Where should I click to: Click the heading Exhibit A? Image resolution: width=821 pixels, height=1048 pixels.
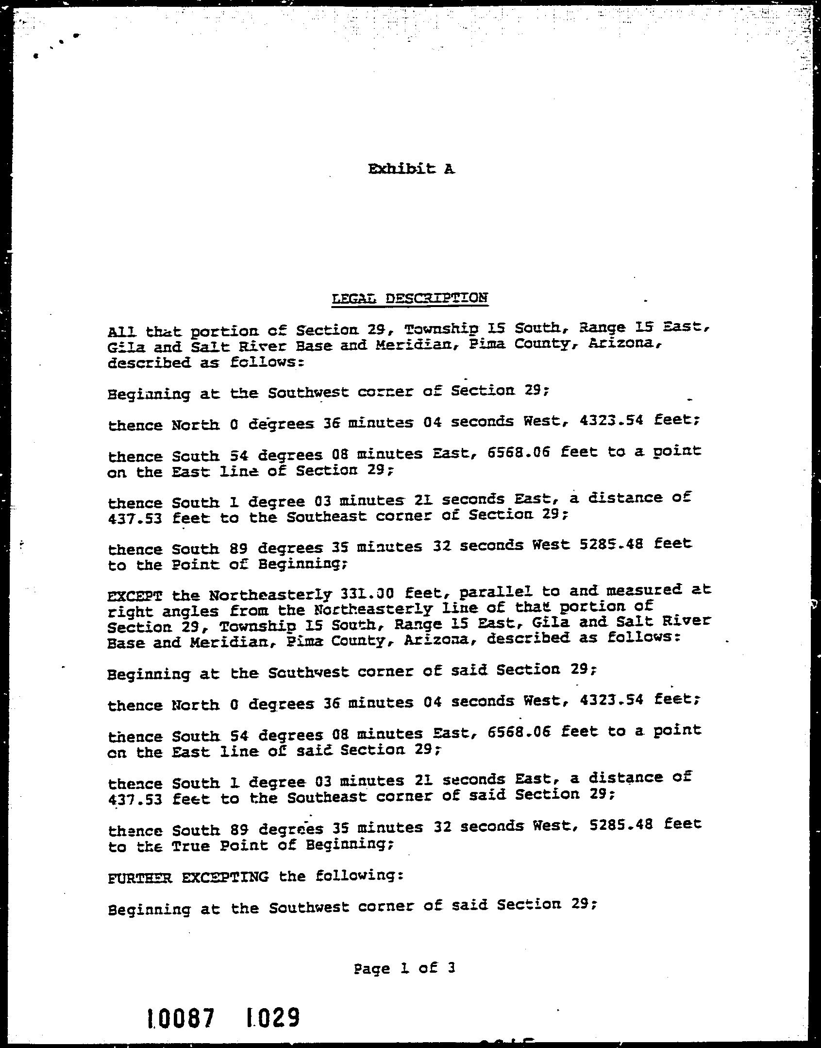tap(411, 169)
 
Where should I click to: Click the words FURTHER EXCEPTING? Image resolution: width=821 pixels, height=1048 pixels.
tap(188, 877)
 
